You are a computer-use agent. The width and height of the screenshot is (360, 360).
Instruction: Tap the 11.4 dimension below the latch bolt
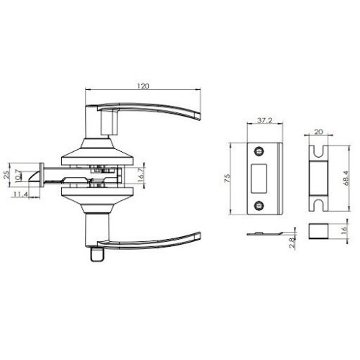pyautogui.click(x=22, y=194)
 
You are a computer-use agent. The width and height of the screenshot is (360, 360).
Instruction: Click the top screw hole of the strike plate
pyautogui.click(x=258, y=150)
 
